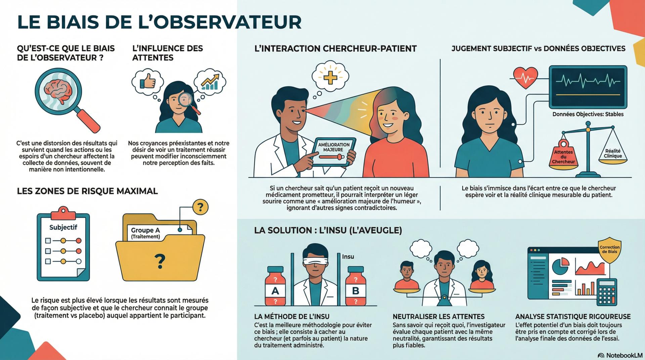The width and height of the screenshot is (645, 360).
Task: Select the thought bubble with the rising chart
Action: coord(210,81)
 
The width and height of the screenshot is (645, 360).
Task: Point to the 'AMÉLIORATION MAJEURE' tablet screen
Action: coord(334,152)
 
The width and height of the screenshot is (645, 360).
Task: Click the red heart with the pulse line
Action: coord(525,78)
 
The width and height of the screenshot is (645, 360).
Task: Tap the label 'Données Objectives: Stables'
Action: coord(588,114)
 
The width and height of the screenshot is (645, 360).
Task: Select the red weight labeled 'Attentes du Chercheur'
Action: coord(563,154)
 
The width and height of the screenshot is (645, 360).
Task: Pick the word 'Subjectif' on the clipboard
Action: coord(63,228)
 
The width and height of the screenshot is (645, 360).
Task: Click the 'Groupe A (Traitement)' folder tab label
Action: coord(145,233)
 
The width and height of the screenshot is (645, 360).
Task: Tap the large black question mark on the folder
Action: coord(160,262)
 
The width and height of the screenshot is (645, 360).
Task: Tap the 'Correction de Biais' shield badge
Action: coord(609,250)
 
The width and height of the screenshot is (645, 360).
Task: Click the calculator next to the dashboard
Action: coord(606,292)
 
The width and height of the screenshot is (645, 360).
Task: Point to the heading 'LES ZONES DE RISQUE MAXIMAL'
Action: coord(87,191)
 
